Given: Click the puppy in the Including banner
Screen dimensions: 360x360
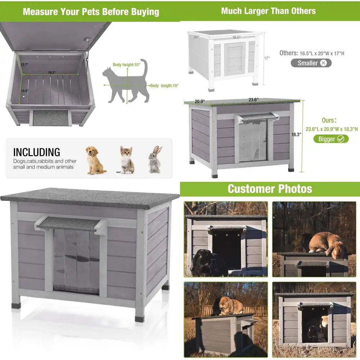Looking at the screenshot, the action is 95,160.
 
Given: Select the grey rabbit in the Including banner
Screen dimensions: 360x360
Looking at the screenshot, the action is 155,159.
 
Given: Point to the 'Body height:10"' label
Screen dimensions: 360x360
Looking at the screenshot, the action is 126,65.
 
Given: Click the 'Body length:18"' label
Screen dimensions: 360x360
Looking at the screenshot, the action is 165,86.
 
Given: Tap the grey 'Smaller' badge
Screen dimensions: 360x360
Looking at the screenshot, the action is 311,63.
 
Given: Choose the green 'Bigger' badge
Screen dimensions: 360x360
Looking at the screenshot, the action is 331,139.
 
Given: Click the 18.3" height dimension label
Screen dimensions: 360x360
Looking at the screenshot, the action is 296,135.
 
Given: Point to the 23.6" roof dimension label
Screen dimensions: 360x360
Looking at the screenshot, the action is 253,100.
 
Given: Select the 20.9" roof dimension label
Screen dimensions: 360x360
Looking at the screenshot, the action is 200,102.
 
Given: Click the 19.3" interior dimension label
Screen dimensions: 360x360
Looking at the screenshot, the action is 51,73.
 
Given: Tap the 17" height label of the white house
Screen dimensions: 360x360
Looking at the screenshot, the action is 267,58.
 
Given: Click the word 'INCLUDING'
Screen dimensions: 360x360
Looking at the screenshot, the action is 37,152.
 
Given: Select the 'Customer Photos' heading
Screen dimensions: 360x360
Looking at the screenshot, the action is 270,189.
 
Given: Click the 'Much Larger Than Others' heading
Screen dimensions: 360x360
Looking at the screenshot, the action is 269,11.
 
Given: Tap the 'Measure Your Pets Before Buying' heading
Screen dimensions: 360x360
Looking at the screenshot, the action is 91,12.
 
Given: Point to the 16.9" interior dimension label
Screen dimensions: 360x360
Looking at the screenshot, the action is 24,91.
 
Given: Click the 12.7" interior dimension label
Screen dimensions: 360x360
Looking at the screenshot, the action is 24,64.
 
